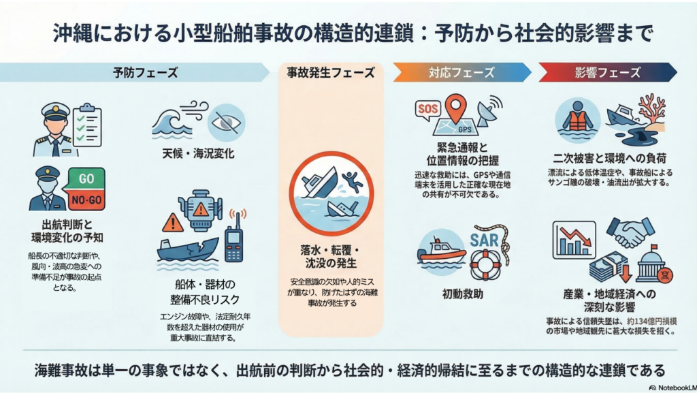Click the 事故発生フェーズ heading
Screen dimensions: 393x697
(331, 73)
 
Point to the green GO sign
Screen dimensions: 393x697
(86, 179)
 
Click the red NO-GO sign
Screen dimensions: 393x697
(86, 200)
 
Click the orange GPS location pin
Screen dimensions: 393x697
(455, 109)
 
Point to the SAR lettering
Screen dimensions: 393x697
(485, 239)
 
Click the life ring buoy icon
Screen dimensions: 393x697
(485, 265)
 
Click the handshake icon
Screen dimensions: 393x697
(630, 232)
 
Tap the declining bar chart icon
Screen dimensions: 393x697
(574, 240)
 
